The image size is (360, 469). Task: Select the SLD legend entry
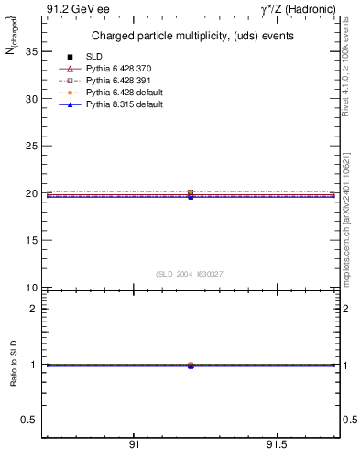[95, 58]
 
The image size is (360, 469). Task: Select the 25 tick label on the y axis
[30, 146]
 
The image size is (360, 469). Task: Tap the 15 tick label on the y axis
[30, 240]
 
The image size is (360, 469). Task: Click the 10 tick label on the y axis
[30, 288]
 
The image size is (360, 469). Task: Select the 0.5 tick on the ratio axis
[28, 420]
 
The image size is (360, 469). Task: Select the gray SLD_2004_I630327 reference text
[191, 274]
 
